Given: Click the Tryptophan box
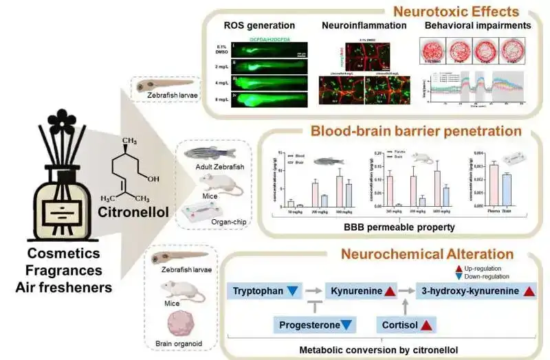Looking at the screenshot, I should click(x=265, y=291).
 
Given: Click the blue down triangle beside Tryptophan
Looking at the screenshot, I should click(x=294, y=291).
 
